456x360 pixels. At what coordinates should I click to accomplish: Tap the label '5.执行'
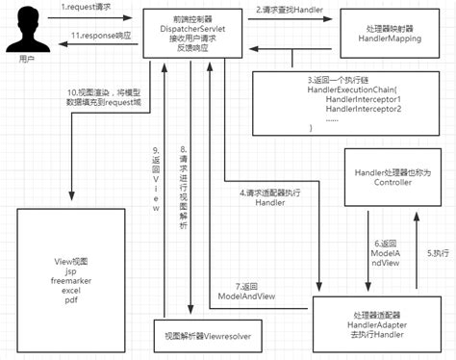(440, 255)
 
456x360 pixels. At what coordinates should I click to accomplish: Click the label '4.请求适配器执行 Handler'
(270, 197)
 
